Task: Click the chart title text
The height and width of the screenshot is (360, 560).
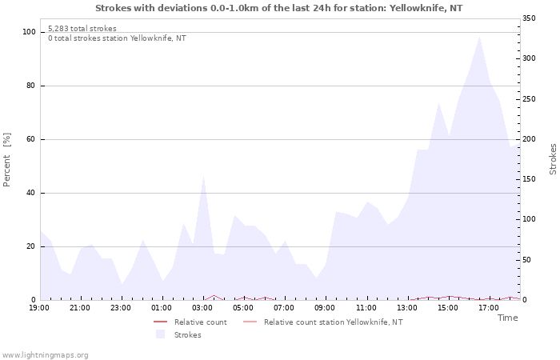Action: [278, 8]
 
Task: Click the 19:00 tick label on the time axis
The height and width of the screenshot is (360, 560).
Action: [39, 307]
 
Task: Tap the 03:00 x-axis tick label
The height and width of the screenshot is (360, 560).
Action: [203, 307]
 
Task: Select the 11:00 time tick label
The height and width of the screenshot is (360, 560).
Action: [367, 307]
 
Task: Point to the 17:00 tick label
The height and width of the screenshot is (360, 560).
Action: [490, 307]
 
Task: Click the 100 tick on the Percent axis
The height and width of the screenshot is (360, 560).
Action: [30, 32]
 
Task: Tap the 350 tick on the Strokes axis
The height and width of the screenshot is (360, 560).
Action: [530, 18]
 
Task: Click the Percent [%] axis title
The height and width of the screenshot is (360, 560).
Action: [8, 159]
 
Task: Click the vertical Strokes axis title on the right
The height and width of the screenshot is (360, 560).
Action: [553, 159]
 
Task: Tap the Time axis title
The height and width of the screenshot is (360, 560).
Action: [507, 318]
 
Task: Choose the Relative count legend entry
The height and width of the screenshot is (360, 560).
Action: [200, 322]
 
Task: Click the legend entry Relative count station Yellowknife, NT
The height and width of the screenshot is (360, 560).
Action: [333, 322]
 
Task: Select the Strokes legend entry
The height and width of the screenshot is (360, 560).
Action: [187, 334]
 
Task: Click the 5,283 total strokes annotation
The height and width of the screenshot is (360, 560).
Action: [82, 29]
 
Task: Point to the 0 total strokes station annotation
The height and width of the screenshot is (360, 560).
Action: [117, 38]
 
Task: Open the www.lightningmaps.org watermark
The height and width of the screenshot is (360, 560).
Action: [45, 355]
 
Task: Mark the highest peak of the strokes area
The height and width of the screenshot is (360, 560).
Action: [479, 36]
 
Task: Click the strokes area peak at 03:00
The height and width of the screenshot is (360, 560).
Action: [203, 175]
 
